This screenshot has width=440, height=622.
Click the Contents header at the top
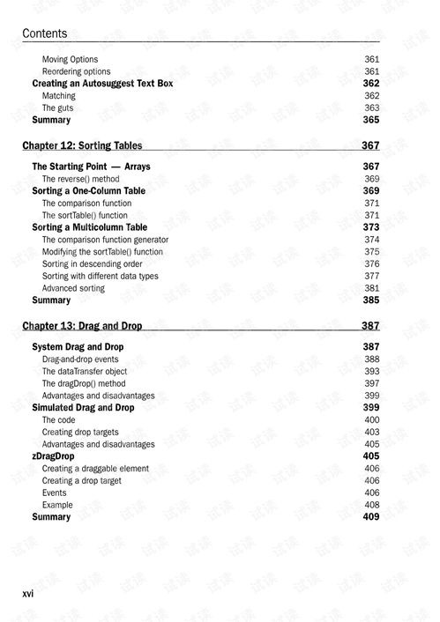coord(44,33)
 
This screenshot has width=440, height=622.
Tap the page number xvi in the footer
coord(28,594)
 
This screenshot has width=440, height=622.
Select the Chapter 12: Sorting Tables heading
coord(82,146)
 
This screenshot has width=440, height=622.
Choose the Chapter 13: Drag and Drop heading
coord(82,326)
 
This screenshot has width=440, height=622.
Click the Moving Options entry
coord(71,60)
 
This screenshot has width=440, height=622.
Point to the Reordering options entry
coord(77,71)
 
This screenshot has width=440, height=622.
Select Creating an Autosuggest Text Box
coord(102,84)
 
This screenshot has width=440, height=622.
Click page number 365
coord(370,121)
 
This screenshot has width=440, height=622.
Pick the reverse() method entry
coord(80,179)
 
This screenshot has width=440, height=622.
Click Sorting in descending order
coord(93,263)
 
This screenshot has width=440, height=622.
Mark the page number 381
coord(371,288)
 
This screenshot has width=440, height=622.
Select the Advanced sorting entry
coord(73,288)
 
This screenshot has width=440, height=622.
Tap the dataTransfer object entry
coord(85,372)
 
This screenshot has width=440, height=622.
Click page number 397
coord(371,384)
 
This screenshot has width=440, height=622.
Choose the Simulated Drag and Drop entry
coord(83,408)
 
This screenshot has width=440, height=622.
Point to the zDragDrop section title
coord(53,456)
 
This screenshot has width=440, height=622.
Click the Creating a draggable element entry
coord(95,469)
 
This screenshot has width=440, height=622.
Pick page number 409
coord(370,517)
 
